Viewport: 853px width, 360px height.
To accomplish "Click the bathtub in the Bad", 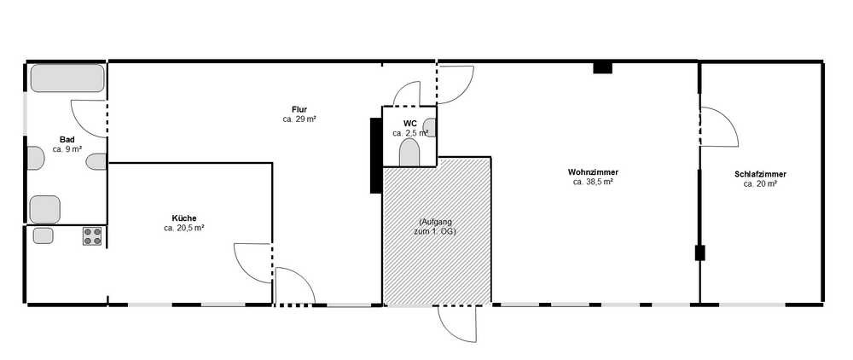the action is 67,78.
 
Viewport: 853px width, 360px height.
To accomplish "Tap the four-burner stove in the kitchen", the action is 92,236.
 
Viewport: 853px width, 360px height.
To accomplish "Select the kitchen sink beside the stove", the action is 43,235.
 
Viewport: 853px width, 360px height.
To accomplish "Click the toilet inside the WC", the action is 409,153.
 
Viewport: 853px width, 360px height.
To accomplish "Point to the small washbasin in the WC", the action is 429,128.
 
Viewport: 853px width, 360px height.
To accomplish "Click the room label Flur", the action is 299,110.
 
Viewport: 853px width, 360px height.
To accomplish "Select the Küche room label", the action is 184,218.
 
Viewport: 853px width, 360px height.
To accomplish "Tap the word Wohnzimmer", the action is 593,172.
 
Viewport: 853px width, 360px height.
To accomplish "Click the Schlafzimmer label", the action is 760,175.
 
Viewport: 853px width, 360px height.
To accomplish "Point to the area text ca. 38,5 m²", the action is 593,183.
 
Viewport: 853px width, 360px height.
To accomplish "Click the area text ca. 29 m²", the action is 299,119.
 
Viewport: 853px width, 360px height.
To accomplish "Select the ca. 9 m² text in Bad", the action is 67,149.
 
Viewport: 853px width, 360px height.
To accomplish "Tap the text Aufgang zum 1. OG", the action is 437,227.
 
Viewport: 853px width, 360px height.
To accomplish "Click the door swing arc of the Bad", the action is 82,125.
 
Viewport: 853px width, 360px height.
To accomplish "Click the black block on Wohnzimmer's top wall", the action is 602,68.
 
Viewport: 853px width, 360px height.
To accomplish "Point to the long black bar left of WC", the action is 375,155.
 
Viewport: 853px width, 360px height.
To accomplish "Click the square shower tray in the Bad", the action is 44,209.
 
